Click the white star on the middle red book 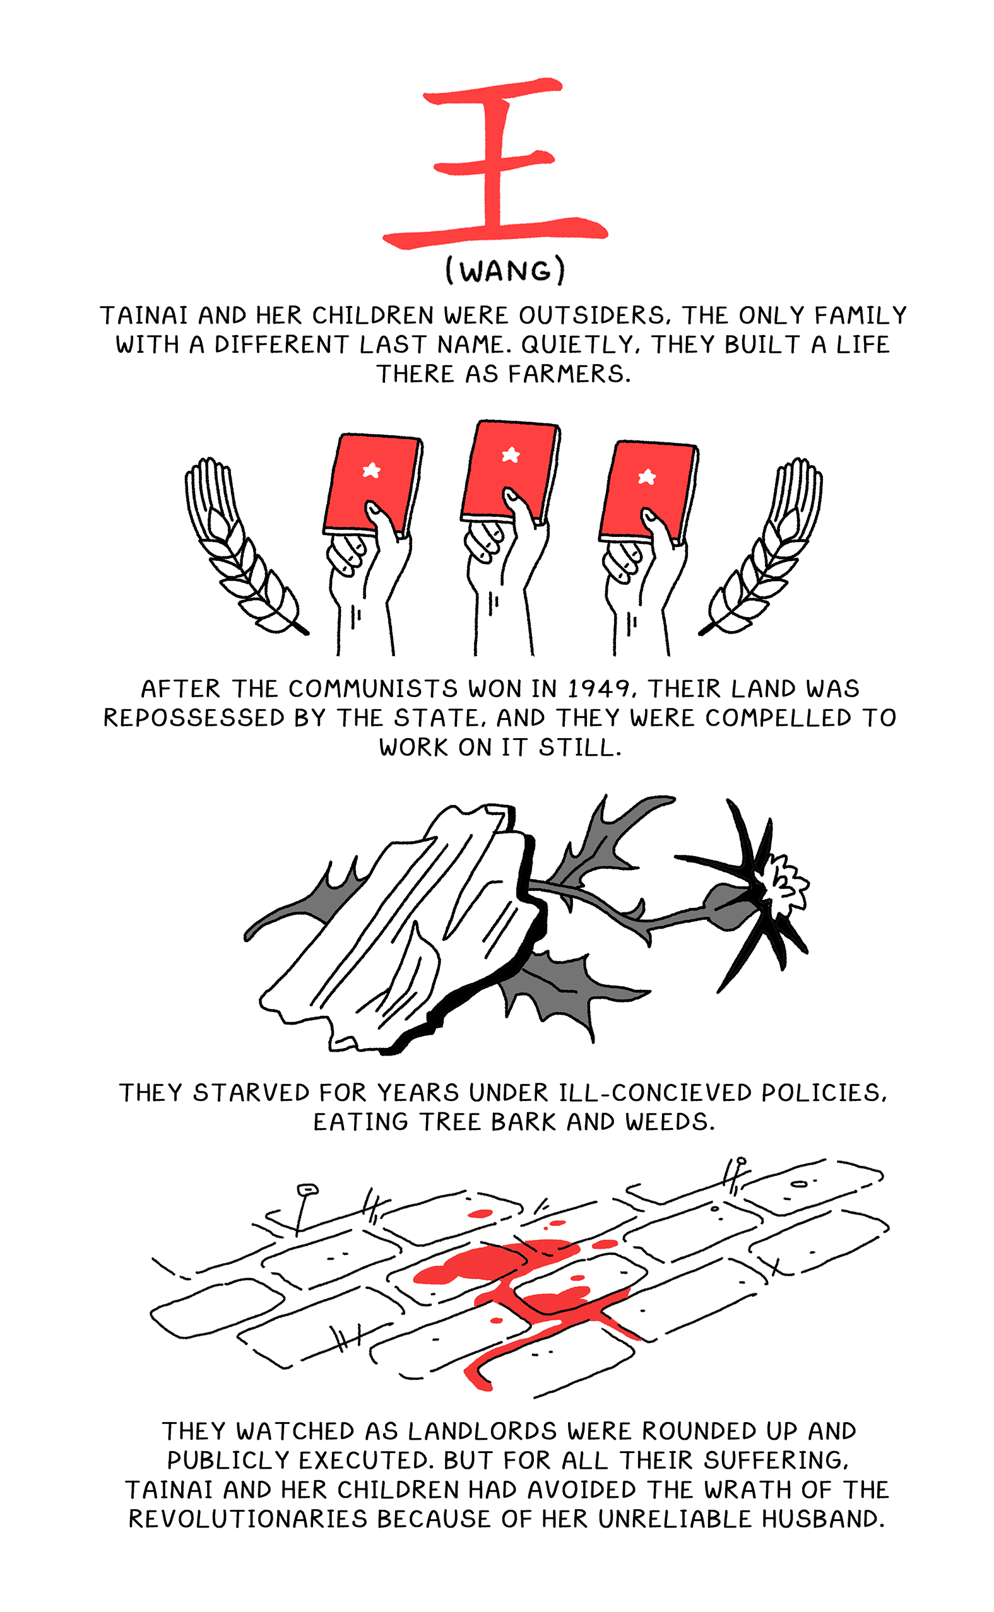510,454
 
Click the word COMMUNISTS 372,689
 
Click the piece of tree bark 401,927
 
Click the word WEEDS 668,1122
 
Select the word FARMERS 569,374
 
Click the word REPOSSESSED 194,717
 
